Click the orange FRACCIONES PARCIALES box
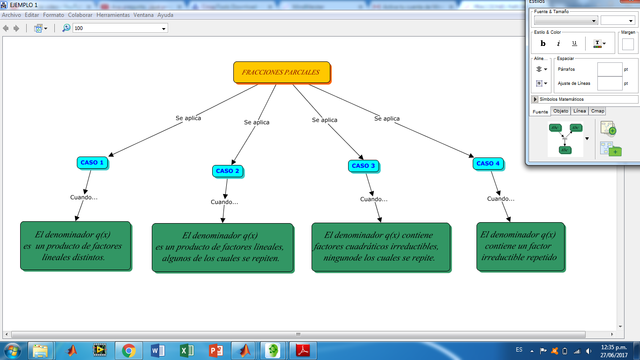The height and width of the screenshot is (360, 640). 281,73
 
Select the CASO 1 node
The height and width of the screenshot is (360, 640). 92,162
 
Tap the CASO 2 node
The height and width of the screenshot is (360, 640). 228,171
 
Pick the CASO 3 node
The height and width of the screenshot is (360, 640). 363,165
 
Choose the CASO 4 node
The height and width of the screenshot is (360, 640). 488,163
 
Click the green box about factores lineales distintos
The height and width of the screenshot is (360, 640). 77,244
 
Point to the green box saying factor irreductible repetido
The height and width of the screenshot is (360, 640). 518,245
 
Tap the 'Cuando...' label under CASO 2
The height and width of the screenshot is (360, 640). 224,202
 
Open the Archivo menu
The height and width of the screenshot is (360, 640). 12,15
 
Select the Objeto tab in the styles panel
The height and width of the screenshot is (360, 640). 561,111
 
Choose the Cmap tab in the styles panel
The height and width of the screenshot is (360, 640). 598,111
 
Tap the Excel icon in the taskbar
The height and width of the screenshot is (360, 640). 185,350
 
